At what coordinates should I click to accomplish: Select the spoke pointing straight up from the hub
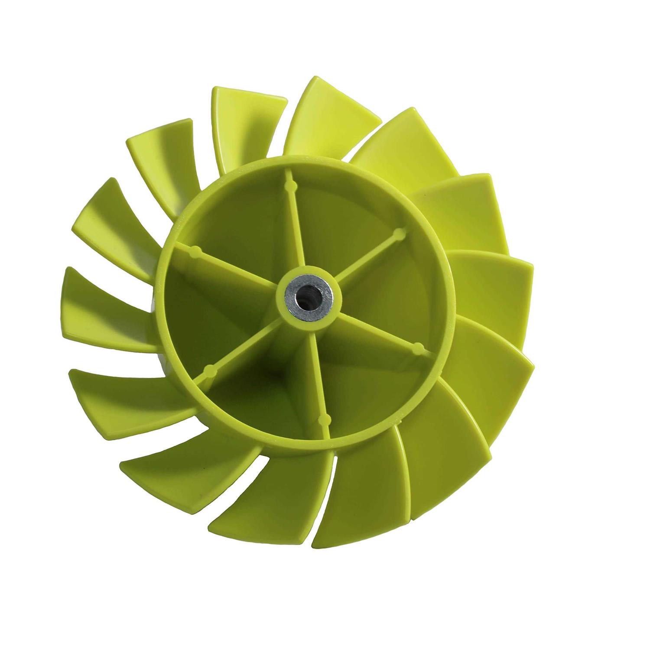click(292, 225)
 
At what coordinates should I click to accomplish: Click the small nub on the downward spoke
click(322, 419)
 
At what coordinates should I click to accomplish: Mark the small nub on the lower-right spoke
click(419, 346)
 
